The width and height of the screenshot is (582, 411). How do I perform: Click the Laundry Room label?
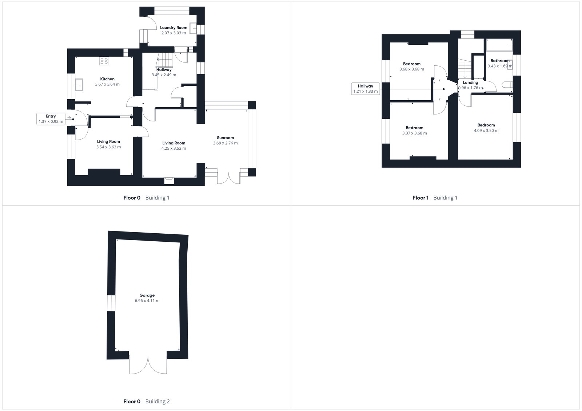coord(174,28)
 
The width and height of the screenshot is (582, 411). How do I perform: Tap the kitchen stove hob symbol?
coord(104,61)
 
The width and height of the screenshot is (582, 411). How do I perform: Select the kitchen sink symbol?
coord(79,85)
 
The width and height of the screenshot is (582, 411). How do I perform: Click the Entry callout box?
coord(51,119)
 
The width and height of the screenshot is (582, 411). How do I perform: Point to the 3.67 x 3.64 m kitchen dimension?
coord(107,84)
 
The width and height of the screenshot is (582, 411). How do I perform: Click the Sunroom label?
coord(225,138)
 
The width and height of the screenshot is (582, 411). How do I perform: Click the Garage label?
coord(147,295)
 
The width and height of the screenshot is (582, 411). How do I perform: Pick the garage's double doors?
coord(148,364)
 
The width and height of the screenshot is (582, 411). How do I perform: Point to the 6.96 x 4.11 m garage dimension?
coord(147,301)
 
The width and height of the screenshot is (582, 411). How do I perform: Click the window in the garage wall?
coord(111,303)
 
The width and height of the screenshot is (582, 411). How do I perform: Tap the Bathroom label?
coord(500,61)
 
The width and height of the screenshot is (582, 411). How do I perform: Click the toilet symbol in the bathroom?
coord(507,85)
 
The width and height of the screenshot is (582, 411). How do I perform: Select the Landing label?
coord(470,82)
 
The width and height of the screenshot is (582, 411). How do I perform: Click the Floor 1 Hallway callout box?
coord(366,89)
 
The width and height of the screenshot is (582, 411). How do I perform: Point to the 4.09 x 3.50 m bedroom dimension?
coord(486,130)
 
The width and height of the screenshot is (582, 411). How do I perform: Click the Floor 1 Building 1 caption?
coord(435,198)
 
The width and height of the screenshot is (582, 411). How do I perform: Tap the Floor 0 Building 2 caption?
coord(147,402)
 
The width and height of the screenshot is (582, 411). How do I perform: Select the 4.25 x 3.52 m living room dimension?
coord(174,148)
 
